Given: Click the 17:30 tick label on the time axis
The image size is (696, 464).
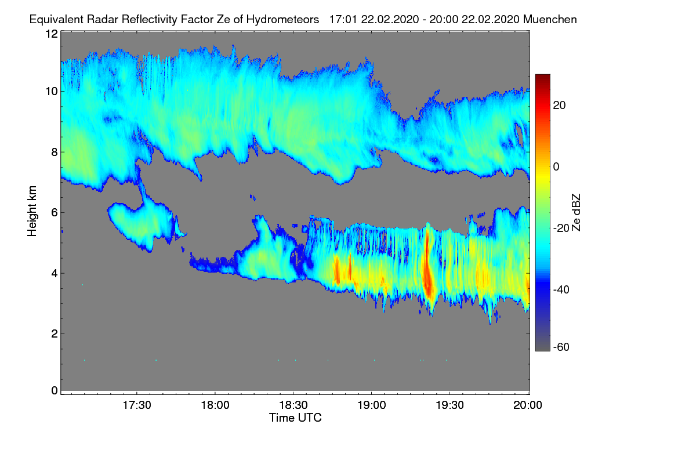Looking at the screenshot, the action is point(137,405).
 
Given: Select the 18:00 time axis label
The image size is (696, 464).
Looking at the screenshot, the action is point(215,405).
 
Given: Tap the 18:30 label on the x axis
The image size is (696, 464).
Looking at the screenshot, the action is point(293,405).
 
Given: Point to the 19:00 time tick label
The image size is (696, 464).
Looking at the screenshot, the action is point(372,405).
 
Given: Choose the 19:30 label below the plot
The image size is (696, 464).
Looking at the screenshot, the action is point(449,405).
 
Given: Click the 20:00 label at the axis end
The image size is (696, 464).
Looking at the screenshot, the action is point(528,405).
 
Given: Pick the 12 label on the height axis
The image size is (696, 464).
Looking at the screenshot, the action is point(52,34).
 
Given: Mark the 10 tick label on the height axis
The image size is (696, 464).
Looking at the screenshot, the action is point(52,92).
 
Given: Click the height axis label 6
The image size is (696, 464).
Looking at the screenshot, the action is point(55,213).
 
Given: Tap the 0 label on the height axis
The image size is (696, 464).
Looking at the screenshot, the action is point(55,390).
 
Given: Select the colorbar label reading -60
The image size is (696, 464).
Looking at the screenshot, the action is point(561,347).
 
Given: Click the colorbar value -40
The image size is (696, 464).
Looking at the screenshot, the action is point(561,289).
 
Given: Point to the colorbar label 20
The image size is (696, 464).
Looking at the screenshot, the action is point(559,106).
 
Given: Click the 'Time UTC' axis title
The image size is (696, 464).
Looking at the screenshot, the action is point(295,418).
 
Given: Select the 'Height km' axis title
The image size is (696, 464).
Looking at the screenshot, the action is point(32,211).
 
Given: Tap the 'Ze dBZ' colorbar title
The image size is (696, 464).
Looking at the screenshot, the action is point(576,212).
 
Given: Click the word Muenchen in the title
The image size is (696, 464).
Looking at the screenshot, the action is point(550,20).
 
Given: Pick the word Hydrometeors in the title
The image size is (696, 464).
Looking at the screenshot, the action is point(283,20).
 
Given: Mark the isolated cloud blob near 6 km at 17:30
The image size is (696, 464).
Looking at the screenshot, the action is point(142,224).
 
